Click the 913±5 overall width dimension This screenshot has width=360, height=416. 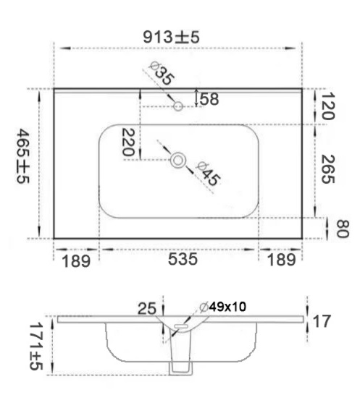click(171, 37)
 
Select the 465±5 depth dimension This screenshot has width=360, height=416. click(23, 156)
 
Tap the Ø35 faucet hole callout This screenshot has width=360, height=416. click(162, 74)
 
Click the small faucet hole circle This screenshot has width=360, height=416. click(178, 106)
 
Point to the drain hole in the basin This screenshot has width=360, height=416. click(178, 161)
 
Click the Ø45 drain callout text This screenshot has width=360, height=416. click(208, 174)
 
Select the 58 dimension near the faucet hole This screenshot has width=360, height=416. click(209, 99)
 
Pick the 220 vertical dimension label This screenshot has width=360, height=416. click(128, 142)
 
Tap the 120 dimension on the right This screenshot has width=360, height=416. click(328, 106)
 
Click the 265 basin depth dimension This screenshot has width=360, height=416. click(328, 169)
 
